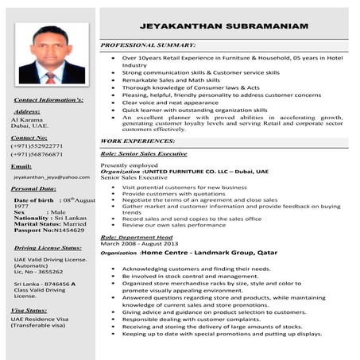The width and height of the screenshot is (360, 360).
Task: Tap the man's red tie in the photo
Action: pyautogui.click(x=51, y=77)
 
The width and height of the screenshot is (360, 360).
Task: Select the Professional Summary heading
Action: pyautogui.click(x=148, y=45)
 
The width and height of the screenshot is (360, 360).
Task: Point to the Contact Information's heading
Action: pyautogui.click(x=48, y=100)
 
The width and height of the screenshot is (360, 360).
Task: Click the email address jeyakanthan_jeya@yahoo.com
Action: pyautogui.click(x=51, y=176)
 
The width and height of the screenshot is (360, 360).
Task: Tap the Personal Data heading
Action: pyautogui.click(x=33, y=189)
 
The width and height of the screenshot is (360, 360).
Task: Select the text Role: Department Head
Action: pyautogui.click(x=137, y=237)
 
